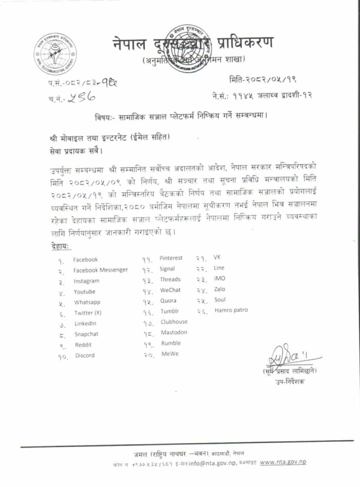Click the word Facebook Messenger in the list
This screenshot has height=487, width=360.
click(x=100, y=270)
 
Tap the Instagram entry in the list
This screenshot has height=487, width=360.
click(x=87, y=281)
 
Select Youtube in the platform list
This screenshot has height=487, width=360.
click(x=85, y=292)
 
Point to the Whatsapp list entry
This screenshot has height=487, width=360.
click(x=87, y=302)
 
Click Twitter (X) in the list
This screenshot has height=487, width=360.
click(x=88, y=313)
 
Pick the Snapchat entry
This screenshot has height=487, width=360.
click(x=87, y=334)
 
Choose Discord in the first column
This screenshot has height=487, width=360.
click(x=85, y=355)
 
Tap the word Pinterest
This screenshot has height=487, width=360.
click(x=171, y=258)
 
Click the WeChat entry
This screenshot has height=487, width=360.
click(x=170, y=290)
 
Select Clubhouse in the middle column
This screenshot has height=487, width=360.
click(x=174, y=322)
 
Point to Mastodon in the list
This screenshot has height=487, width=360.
click(x=174, y=332)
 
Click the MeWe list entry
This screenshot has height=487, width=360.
click(x=170, y=354)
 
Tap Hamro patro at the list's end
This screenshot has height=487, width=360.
click(x=231, y=310)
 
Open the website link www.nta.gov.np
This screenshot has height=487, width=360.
click(x=283, y=462)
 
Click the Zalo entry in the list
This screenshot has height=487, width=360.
click(x=220, y=289)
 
